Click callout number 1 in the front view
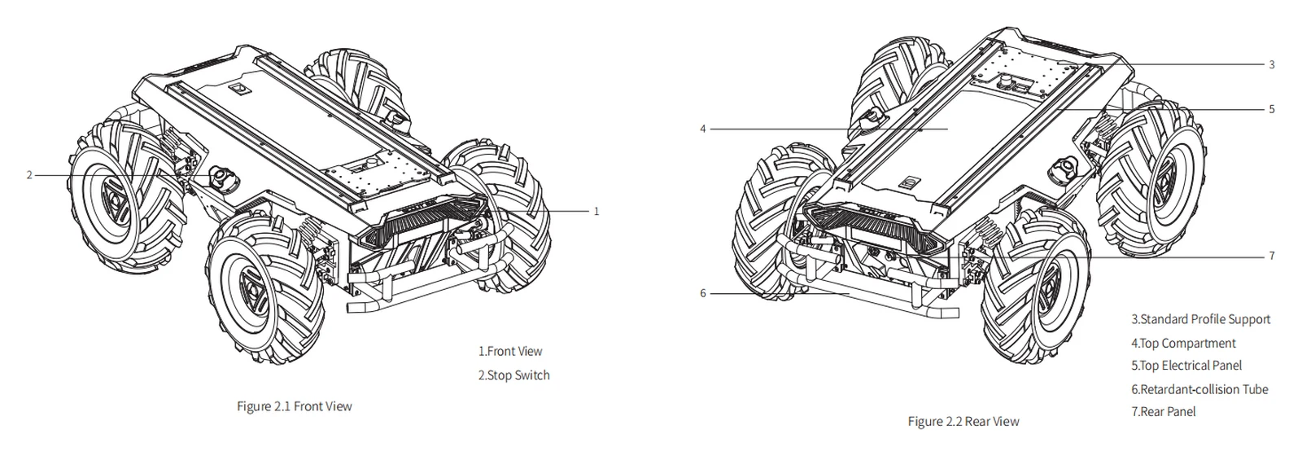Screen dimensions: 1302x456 [x=596, y=212]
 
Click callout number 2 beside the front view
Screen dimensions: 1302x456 [x=29, y=175]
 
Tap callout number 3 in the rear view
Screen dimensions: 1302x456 [x=1272, y=64]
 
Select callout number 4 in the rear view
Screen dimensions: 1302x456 [x=703, y=129]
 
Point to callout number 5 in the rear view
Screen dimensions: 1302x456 [x=1272, y=109]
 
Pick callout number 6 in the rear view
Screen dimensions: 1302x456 [x=703, y=294]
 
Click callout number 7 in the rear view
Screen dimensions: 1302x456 [x=1272, y=256]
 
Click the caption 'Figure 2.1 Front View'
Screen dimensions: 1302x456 [x=294, y=406]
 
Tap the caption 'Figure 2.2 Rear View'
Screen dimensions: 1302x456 [x=963, y=421]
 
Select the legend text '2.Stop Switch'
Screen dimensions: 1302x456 [x=513, y=375]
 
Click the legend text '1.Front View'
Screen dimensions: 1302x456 [x=509, y=351]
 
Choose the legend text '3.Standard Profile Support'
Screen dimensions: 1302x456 [x=1201, y=319]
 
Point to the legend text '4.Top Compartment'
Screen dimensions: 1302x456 [x=1183, y=343]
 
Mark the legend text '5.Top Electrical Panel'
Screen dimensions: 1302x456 [x=1186, y=366]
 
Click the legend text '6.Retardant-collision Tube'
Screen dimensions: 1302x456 [x=1199, y=389]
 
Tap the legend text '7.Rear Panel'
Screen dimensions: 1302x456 [x=1164, y=412]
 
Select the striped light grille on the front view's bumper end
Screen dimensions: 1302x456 [x=423, y=219]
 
